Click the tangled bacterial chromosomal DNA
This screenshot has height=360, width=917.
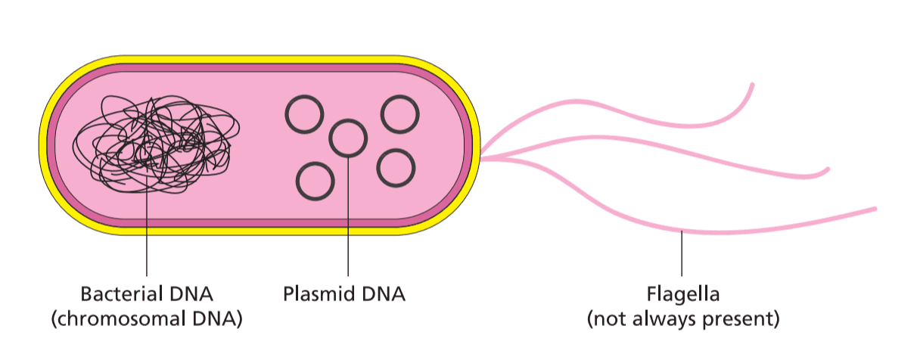(156, 144)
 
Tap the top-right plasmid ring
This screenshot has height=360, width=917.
(399, 114)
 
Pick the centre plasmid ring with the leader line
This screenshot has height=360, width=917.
(348, 138)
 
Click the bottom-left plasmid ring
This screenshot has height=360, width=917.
(316, 181)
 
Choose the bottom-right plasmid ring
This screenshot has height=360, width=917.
(396, 168)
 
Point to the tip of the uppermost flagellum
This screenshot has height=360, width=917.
(752, 85)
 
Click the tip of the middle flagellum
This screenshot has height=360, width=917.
(828, 169)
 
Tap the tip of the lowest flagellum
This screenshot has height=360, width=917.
(875, 208)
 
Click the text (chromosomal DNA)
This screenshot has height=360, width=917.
(146, 319)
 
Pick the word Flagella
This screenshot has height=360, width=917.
(682, 293)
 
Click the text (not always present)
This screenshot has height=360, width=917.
(682, 319)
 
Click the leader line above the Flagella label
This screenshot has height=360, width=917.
(682, 254)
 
